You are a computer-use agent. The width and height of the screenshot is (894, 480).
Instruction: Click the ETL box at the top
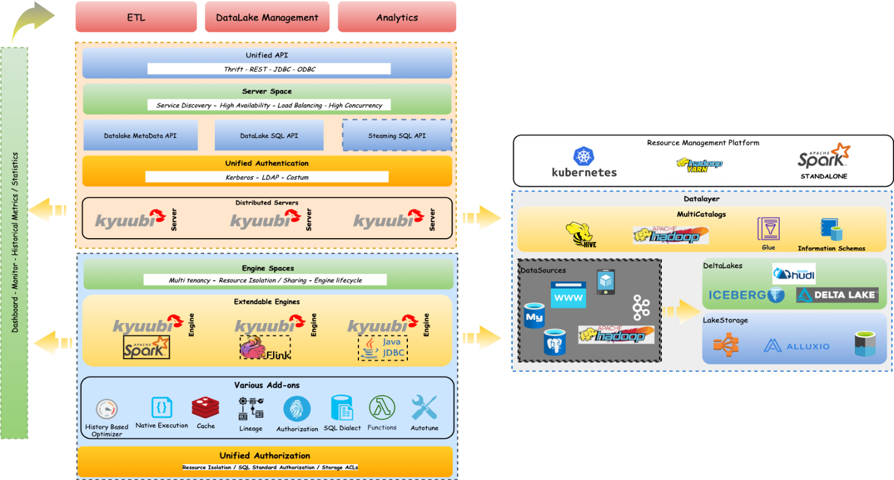[136, 17]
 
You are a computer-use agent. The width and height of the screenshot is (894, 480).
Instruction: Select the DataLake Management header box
[267, 17]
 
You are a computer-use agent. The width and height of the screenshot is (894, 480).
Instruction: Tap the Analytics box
[397, 17]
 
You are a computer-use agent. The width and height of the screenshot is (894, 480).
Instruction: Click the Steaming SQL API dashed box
[397, 135]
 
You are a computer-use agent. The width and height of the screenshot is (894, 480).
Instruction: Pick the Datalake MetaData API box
[140, 135]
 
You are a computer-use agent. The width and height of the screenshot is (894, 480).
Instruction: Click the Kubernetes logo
[584, 161]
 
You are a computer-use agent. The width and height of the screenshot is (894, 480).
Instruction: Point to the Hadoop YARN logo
[696, 165]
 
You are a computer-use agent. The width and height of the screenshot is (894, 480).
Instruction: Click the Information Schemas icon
[831, 230]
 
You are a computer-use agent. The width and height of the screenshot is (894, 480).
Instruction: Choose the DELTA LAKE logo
[837, 295]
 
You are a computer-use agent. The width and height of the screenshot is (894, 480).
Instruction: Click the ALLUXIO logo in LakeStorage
[796, 346]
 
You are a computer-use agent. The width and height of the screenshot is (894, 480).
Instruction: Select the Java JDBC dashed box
[382, 347]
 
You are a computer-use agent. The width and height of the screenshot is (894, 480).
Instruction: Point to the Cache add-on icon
[205, 408]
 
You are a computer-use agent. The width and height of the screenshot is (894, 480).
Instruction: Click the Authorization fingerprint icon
[297, 410]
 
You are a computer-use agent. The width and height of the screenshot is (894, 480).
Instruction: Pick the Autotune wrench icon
[424, 408]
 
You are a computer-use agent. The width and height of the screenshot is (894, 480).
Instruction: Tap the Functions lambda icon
[382, 407]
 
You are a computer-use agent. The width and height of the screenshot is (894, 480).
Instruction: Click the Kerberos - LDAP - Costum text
[267, 177]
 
